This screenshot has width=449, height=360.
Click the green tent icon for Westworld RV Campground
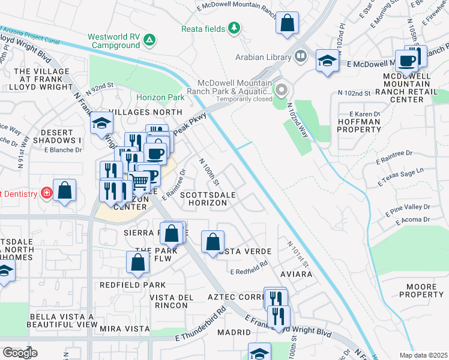(x=149, y=40)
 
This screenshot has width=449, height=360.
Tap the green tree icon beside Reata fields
(x=234, y=28)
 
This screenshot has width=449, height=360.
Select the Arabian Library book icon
(x=300, y=57)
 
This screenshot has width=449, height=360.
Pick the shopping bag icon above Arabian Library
(x=288, y=24)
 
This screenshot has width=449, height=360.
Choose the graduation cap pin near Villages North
(x=101, y=124)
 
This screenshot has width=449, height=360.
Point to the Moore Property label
(x=421, y=291)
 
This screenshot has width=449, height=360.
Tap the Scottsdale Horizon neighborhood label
(x=204, y=199)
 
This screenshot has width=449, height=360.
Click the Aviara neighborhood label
(x=297, y=274)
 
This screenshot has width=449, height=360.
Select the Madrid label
(x=234, y=332)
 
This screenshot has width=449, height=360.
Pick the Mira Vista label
(x=125, y=329)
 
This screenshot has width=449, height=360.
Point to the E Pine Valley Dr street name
(x=404, y=208)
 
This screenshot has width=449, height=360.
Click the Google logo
(x=20, y=353)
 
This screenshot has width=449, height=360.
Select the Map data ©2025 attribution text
(x=423, y=355)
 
